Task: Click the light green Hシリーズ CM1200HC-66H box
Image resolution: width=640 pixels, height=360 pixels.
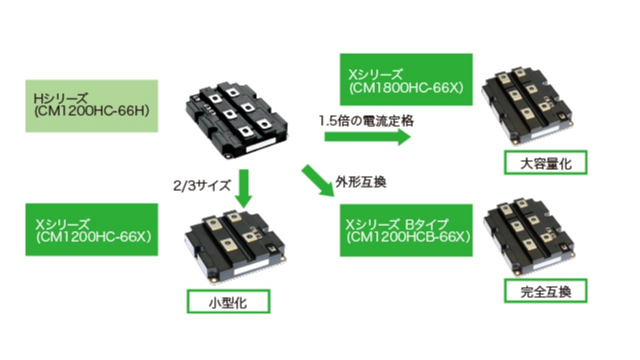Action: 91,106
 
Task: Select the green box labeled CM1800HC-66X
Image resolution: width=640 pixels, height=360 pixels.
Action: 405,79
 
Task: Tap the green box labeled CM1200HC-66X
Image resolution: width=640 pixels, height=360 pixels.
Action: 91,229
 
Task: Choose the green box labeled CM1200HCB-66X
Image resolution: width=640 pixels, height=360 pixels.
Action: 405,230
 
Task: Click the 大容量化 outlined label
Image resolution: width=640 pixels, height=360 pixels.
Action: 545,163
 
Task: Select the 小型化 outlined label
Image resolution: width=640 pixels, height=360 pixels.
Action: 228,302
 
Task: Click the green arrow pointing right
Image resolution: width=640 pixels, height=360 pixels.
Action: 367,137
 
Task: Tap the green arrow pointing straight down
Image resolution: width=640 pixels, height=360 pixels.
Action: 243,188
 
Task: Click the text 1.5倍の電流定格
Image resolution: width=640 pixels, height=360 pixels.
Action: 366,121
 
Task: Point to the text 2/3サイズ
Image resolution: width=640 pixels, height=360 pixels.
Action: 201,186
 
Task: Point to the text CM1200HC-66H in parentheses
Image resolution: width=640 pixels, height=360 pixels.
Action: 92,112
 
